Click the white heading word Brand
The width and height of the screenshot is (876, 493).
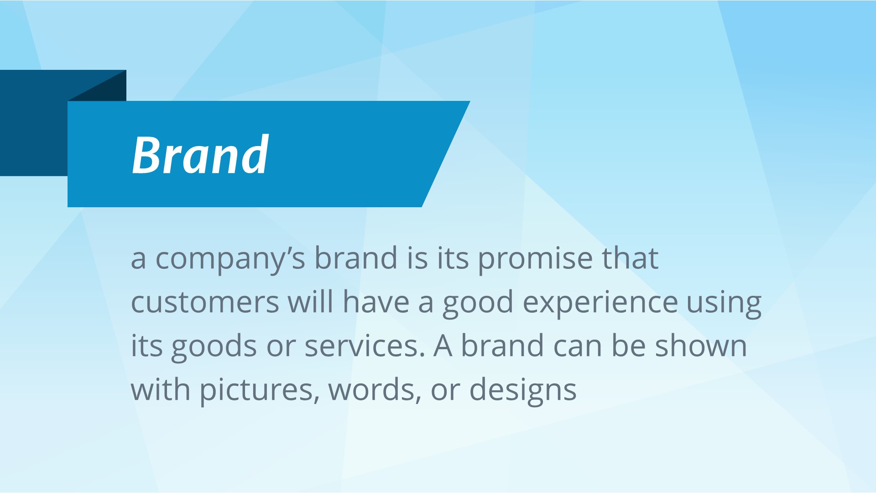click(200, 155)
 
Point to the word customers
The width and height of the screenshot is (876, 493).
click(205, 303)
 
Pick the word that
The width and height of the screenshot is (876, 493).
click(630, 258)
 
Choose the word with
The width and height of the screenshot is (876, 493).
click(161, 389)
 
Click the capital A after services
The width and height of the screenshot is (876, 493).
click(443, 346)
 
